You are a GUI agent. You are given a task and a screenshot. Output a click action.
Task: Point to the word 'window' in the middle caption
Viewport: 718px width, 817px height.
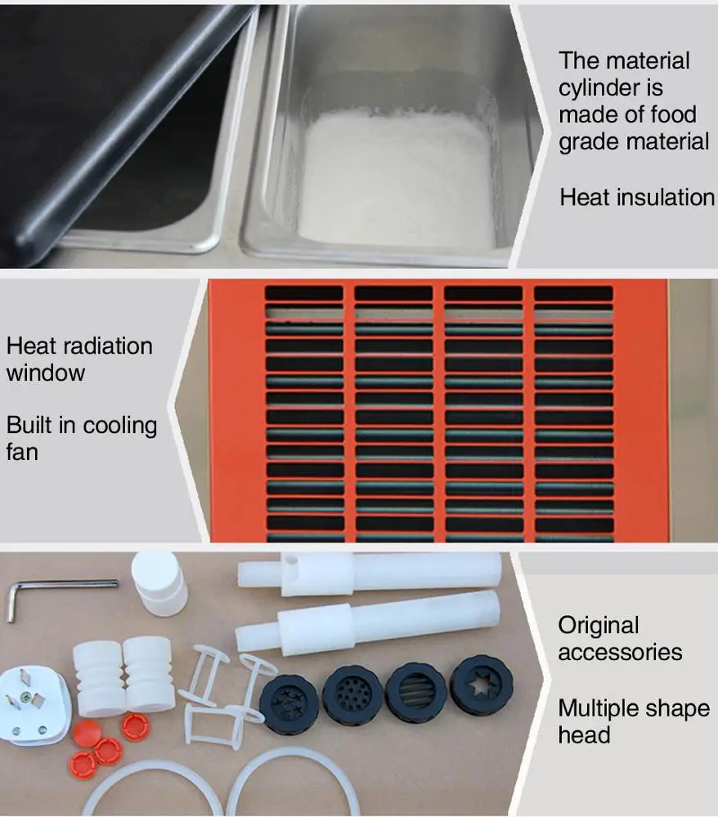click(46, 373)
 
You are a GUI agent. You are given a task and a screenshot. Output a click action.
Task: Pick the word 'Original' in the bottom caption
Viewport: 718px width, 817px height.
click(599, 625)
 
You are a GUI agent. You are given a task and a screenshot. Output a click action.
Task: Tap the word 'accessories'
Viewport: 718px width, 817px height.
click(620, 652)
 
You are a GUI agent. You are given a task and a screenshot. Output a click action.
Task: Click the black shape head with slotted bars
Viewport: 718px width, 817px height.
click(415, 691)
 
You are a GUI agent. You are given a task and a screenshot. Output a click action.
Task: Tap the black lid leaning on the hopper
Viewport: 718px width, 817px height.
click(106, 123)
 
